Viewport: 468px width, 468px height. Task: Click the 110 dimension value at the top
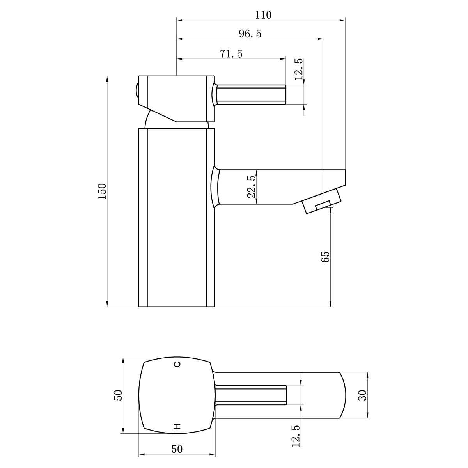point(263,15)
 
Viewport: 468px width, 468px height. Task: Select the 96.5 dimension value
point(250,34)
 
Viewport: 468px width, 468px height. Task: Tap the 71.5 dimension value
point(231,54)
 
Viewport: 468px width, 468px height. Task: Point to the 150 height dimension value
point(102,191)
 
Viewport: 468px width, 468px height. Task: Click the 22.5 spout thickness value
point(251,186)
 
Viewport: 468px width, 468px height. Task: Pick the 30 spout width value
point(363,395)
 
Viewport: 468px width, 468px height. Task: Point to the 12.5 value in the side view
point(298,69)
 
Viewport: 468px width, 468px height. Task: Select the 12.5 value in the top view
point(295,436)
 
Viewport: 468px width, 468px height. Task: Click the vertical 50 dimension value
point(119,395)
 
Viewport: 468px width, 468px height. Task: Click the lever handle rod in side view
point(252,94)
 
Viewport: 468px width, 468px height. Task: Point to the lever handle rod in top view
point(252,395)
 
